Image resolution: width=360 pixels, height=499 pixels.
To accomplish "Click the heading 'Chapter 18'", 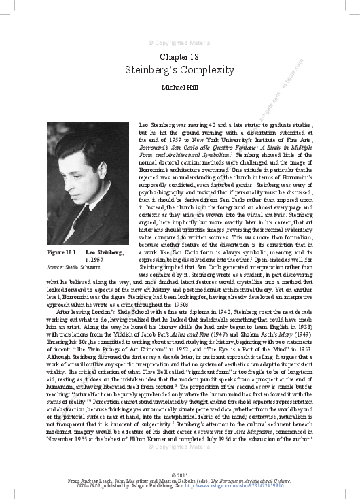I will pyautogui.click(x=179, y=57).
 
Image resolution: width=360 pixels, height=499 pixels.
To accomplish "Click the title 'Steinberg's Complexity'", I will pyautogui.click(x=179, y=70).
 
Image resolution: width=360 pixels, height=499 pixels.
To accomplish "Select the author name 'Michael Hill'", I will pyautogui.click(x=179, y=88).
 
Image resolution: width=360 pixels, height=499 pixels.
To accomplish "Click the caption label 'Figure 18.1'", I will pyautogui.click(x=60, y=252).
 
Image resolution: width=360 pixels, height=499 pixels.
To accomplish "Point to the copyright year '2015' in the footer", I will pyautogui.click(x=179, y=474).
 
